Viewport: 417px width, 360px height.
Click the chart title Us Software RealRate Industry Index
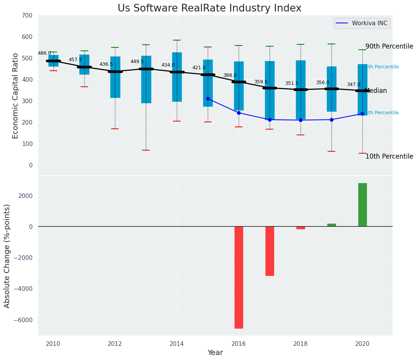(x=209, y=8)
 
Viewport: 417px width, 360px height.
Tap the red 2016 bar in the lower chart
(x=239, y=277)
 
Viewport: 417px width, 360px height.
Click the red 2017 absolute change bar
(x=270, y=251)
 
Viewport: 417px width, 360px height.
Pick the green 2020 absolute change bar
(x=362, y=205)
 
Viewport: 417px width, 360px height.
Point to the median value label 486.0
(x=44, y=53)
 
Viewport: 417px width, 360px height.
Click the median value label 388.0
(x=230, y=75)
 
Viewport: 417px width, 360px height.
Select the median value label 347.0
(x=354, y=84)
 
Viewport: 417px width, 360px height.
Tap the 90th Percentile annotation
(x=389, y=46)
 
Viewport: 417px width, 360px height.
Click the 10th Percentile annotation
(x=389, y=156)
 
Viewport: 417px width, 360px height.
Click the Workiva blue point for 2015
(x=208, y=99)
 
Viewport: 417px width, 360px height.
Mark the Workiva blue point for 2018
(x=301, y=120)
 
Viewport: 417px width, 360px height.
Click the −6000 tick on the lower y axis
(x=24, y=320)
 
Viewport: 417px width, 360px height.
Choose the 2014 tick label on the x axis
(x=177, y=343)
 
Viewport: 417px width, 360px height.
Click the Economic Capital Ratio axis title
(x=16, y=96)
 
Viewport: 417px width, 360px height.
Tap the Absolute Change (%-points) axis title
(x=7, y=256)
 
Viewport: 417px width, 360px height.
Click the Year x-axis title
(x=215, y=353)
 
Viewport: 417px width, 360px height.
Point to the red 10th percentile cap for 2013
(x=146, y=150)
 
